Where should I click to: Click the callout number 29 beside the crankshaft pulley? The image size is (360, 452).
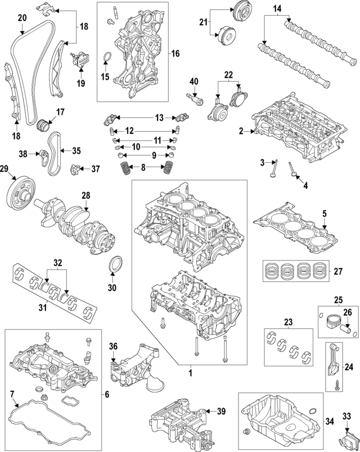(x=4, y=169)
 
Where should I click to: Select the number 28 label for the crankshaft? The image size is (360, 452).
(x=85, y=195)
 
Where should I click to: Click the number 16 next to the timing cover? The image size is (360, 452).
(x=175, y=54)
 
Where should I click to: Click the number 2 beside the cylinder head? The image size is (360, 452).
(x=241, y=131)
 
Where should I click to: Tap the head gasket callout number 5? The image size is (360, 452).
(x=324, y=214)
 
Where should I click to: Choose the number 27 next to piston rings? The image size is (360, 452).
(x=337, y=271)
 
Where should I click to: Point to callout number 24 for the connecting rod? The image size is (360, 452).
(x=348, y=367)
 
